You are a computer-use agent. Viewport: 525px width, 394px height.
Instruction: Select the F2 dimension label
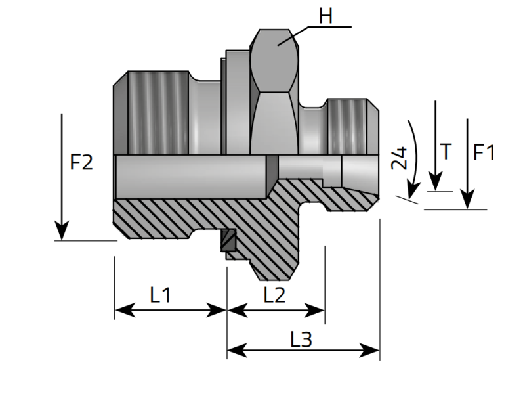(x=81, y=162)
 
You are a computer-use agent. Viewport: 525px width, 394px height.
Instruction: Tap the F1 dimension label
(x=484, y=152)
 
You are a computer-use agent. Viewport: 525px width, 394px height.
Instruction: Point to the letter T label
(x=446, y=152)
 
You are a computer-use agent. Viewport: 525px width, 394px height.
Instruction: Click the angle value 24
(x=399, y=159)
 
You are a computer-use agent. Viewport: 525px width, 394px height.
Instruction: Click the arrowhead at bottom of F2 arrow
(x=61, y=231)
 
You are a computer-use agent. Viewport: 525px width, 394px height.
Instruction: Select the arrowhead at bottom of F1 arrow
(x=467, y=200)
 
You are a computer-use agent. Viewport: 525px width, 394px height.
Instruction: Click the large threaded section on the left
(x=157, y=112)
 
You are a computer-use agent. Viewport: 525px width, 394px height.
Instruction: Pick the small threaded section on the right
(x=348, y=125)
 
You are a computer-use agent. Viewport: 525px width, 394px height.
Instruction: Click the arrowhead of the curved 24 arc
(x=412, y=190)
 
